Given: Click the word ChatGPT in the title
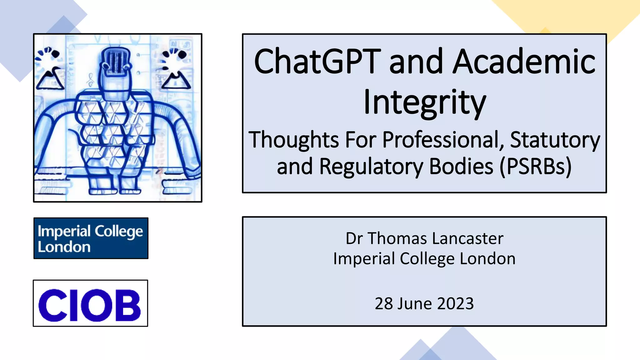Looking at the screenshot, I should point(317,62).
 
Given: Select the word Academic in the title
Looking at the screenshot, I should point(524,62).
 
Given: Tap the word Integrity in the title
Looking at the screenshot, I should point(424,102).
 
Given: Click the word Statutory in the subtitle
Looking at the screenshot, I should point(555,140).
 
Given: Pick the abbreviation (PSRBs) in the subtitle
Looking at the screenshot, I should point(536,166).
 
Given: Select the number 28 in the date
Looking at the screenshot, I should point(384,303).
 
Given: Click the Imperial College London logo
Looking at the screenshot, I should point(91,238).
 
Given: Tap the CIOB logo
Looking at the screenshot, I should point(90,303).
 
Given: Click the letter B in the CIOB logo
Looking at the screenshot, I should point(127,305).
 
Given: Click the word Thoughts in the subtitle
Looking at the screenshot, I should point(294,140).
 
